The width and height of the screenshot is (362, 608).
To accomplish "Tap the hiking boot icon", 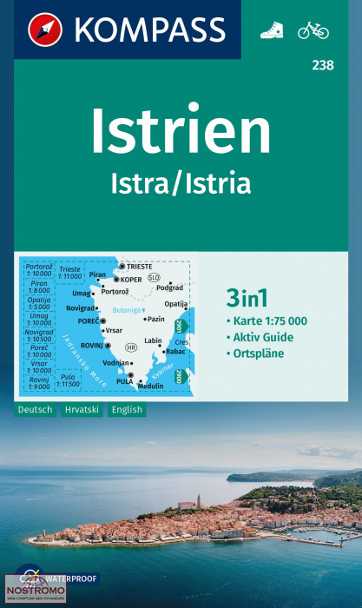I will click(x=271, y=30).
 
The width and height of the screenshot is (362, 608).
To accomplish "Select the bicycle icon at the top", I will click(x=313, y=30).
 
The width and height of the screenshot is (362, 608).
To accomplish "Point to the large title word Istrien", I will click(x=181, y=132).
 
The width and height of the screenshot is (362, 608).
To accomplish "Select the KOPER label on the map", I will click(x=130, y=279).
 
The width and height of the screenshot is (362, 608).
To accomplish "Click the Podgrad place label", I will click(x=170, y=287).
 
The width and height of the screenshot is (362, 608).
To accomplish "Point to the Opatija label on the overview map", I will click(x=175, y=304).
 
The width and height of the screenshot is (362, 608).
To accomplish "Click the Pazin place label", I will click(x=156, y=320).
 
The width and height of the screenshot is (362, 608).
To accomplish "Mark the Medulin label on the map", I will click(x=150, y=386).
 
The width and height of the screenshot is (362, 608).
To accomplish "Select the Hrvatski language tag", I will click(x=82, y=409).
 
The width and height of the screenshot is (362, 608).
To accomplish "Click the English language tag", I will click(x=127, y=409).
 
